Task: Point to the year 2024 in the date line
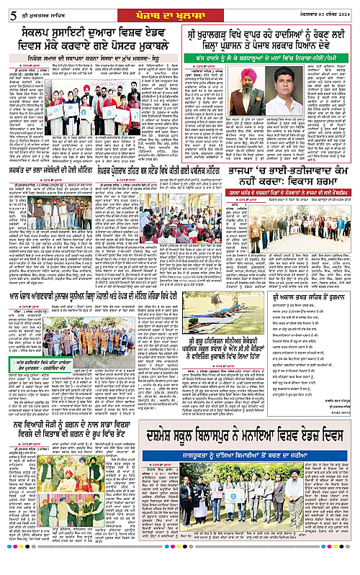[346, 9]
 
